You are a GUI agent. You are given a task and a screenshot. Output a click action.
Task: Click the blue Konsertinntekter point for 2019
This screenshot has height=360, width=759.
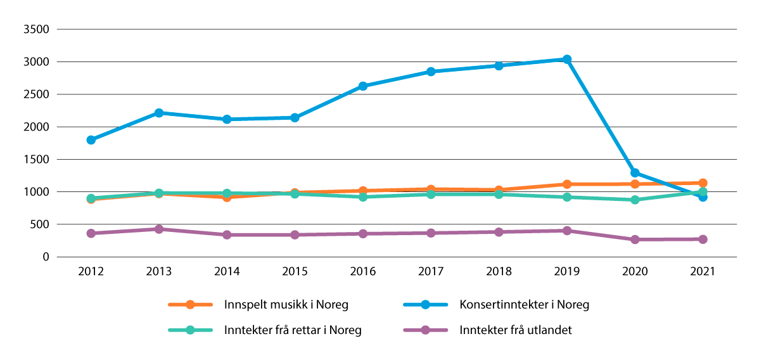[x=567, y=60]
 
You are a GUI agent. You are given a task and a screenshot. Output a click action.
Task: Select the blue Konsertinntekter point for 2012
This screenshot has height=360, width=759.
[x=91, y=140]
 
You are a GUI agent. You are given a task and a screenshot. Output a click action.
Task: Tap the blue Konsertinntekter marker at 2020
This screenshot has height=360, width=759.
[x=635, y=173]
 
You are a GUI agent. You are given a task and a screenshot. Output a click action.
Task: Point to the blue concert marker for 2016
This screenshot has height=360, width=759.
[x=363, y=86]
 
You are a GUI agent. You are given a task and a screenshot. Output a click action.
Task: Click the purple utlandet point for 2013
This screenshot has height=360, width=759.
[x=159, y=229]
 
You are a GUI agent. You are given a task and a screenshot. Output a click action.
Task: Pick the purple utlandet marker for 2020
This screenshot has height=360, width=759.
[x=635, y=240]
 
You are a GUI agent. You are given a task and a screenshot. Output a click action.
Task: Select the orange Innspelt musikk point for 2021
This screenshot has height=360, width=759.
[x=703, y=183]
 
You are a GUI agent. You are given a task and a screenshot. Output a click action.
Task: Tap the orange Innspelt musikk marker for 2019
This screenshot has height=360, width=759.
[x=567, y=184]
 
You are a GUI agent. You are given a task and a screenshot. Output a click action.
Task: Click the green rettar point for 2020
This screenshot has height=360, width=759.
[x=635, y=200]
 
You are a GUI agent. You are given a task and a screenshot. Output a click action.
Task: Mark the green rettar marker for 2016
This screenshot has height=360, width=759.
[x=363, y=197]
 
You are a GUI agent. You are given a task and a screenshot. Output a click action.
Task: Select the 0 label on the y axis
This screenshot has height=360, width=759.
[x=46, y=257]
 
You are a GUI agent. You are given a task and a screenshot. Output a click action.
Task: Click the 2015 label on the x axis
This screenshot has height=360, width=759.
[x=295, y=271]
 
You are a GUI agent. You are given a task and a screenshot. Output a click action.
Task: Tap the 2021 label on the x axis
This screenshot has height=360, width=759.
[x=703, y=271]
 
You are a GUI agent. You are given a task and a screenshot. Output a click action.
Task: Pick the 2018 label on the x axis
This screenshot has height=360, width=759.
[x=499, y=271]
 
